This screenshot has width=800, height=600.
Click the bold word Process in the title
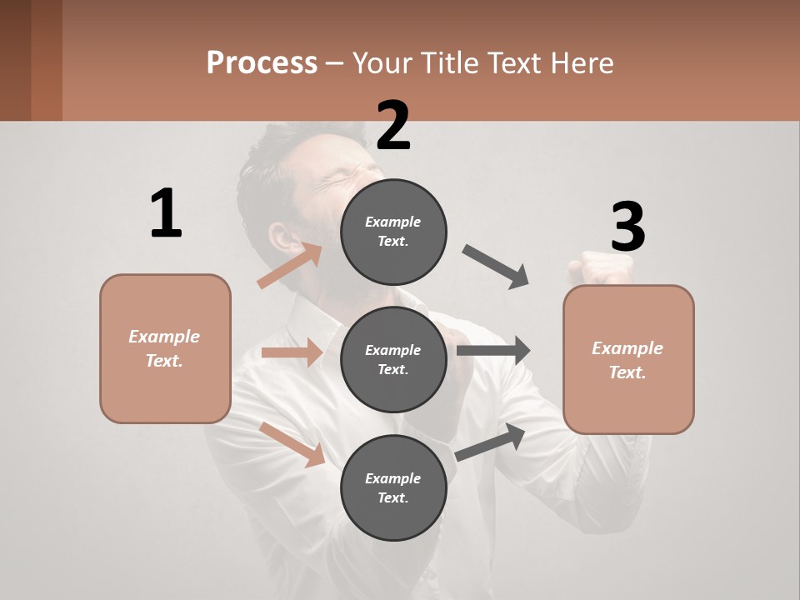(x=262, y=62)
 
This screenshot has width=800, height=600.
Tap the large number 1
(x=166, y=214)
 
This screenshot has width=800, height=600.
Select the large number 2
(x=393, y=126)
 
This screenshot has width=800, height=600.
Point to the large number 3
(x=627, y=227)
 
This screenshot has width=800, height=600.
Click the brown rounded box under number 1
(x=165, y=348)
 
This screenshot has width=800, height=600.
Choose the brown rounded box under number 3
(x=628, y=359)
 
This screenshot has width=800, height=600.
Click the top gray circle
(x=393, y=232)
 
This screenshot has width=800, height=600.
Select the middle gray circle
(x=393, y=359)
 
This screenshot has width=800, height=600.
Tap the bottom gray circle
(x=393, y=487)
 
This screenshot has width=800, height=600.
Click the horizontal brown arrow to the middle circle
(x=292, y=352)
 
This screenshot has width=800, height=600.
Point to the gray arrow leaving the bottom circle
(x=490, y=442)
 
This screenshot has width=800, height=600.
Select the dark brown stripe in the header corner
(x=46, y=60)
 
